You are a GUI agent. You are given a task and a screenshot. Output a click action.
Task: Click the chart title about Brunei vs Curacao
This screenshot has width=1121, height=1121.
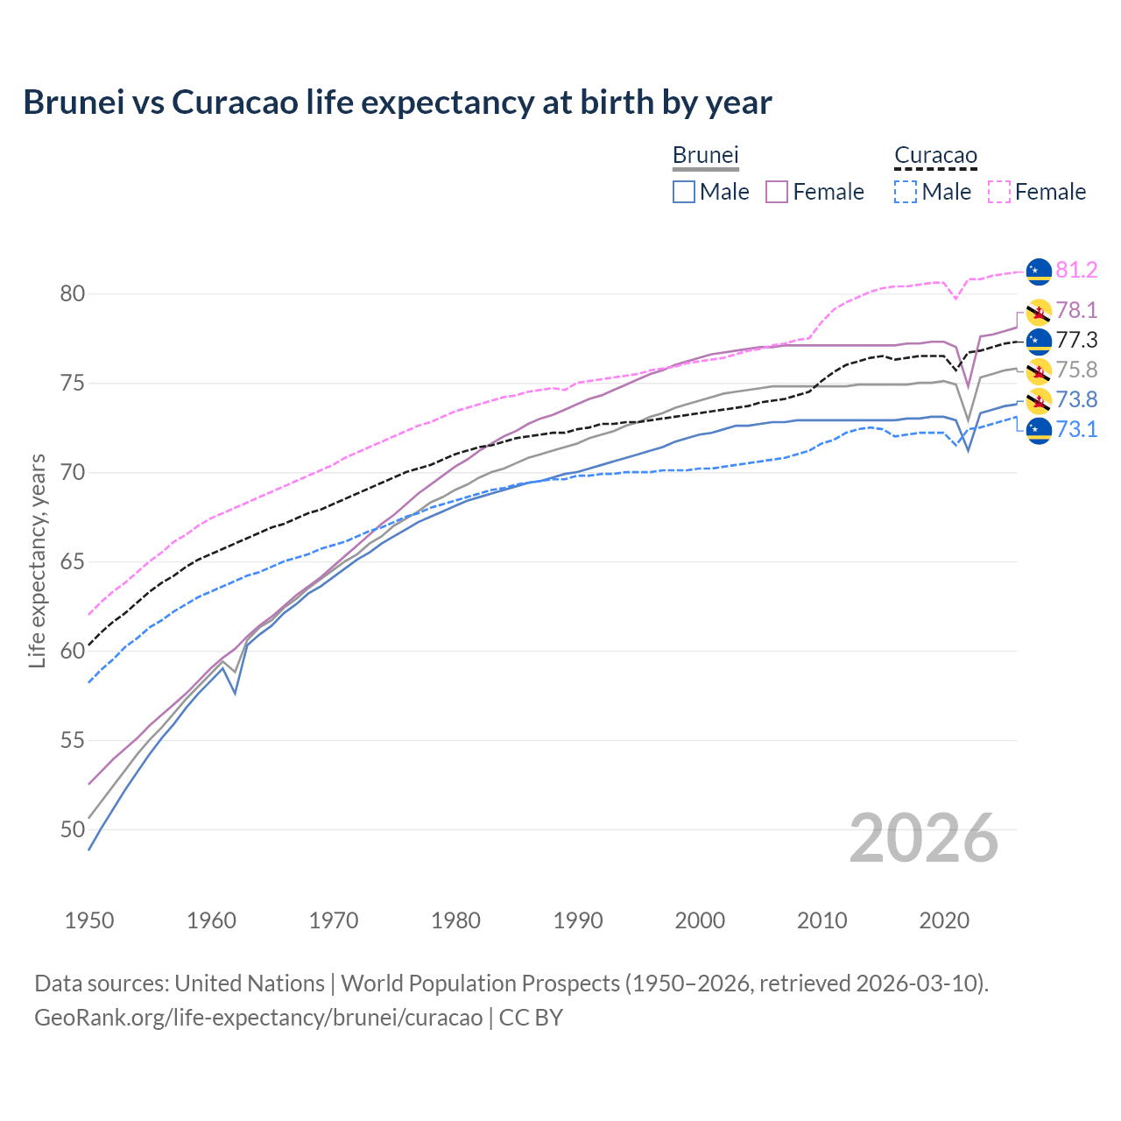coord(398,102)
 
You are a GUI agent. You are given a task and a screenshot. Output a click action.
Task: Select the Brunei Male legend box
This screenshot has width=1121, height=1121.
coord(684,192)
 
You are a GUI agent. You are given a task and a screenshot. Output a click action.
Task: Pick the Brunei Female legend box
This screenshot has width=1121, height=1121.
coord(777,192)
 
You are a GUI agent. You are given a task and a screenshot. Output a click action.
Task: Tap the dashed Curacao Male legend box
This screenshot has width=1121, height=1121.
coord(906,192)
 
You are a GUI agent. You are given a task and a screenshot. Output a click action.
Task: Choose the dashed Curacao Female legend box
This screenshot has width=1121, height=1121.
coord(999,192)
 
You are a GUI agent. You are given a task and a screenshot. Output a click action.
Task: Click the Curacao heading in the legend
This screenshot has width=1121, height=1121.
coord(935,156)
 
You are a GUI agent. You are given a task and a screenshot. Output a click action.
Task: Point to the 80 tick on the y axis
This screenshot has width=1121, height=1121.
coord(73,294)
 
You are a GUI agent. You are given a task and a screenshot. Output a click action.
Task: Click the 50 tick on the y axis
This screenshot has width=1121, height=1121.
coord(73,829)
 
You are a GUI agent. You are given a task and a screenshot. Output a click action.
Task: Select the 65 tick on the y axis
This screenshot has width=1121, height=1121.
coord(73,561)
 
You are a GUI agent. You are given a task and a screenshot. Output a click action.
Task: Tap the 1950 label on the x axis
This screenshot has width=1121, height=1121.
coord(89,920)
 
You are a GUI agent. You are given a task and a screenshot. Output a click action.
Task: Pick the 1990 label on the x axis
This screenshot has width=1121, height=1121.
coord(578,920)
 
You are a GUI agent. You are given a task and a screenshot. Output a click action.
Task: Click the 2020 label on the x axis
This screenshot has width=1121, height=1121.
coord(944,920)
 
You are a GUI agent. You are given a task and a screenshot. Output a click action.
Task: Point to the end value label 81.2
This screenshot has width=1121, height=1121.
coord(1076,271)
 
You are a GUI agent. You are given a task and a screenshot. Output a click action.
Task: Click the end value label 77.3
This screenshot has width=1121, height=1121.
coord(1076,341)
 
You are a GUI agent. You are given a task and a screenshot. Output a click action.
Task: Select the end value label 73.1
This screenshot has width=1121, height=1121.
coord(1076,430)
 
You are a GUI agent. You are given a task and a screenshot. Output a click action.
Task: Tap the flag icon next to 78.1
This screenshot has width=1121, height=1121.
coord(1039,312)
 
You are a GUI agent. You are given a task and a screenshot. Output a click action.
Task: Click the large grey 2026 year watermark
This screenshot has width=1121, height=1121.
coord(924,839)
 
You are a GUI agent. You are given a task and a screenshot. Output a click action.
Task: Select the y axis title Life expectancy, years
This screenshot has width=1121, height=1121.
coord(38,561)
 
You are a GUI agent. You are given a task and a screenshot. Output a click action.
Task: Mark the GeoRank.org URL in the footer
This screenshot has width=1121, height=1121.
coord(258,1018)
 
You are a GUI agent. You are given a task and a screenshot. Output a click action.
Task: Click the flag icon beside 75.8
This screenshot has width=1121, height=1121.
coord(1039,371)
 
